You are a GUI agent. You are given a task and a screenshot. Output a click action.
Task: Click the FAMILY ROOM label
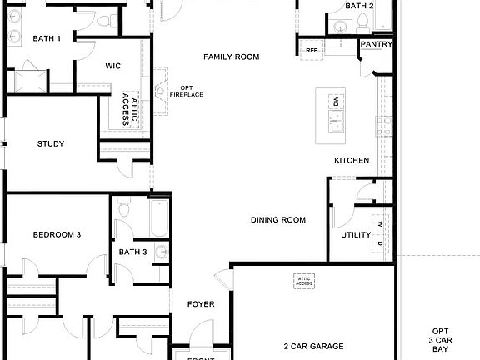click(232, 57)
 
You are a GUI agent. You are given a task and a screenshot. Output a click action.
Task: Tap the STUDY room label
click(51, 143)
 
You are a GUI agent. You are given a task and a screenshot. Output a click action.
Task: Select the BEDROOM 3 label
click(57, 235)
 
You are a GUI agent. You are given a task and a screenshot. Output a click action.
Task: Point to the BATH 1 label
click(47, 38)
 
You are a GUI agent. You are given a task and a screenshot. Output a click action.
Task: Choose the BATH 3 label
click(132, 252)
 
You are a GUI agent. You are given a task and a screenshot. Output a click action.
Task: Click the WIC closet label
click(114, 66)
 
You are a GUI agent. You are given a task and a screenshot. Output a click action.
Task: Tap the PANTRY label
click(376, 44)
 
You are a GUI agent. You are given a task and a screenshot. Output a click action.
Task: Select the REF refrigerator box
click(312, 51)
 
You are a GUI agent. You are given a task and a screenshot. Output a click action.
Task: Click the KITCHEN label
click(352, 160)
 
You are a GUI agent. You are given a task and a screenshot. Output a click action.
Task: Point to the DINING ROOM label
click(278, 220)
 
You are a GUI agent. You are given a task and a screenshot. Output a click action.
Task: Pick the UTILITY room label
click(356, 235)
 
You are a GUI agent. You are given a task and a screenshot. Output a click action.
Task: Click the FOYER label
click(201, 304)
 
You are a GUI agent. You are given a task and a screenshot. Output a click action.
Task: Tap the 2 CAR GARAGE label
click(313, 346)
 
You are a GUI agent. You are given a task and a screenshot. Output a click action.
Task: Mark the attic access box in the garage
click(303, 282)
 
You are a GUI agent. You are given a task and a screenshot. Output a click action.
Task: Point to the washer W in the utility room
click(380, 224)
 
